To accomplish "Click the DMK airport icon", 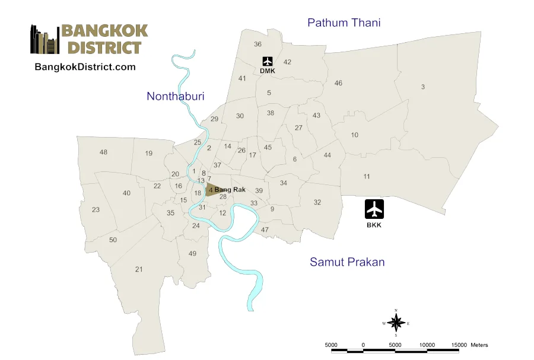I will (x=267, y=61).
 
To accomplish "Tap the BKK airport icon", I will (x=374, y=209).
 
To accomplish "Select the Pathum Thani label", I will (x=344, y=23).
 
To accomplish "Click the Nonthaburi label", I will (x=175, y=96).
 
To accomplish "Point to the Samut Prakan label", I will (x=347, y=262).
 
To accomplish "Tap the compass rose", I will (x=396, y=323).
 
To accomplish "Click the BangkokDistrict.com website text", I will (x=85, y=67).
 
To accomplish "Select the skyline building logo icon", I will (x=44, y=40).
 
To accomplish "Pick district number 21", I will (x=139, y=269).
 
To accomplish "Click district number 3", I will (x=423, y=87).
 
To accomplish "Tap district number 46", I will (x=338, y=83).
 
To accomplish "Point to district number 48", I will (x=104, y=152).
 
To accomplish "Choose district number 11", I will (x=367, y=176).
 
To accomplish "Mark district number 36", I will (x=258, y=44).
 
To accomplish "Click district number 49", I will (x=192, y=254).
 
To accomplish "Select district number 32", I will (x=317, y=202).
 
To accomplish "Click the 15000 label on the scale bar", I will (x=459, y=345).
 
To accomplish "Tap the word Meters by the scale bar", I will (x=479, y=345).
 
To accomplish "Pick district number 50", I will (x=113, y=240).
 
